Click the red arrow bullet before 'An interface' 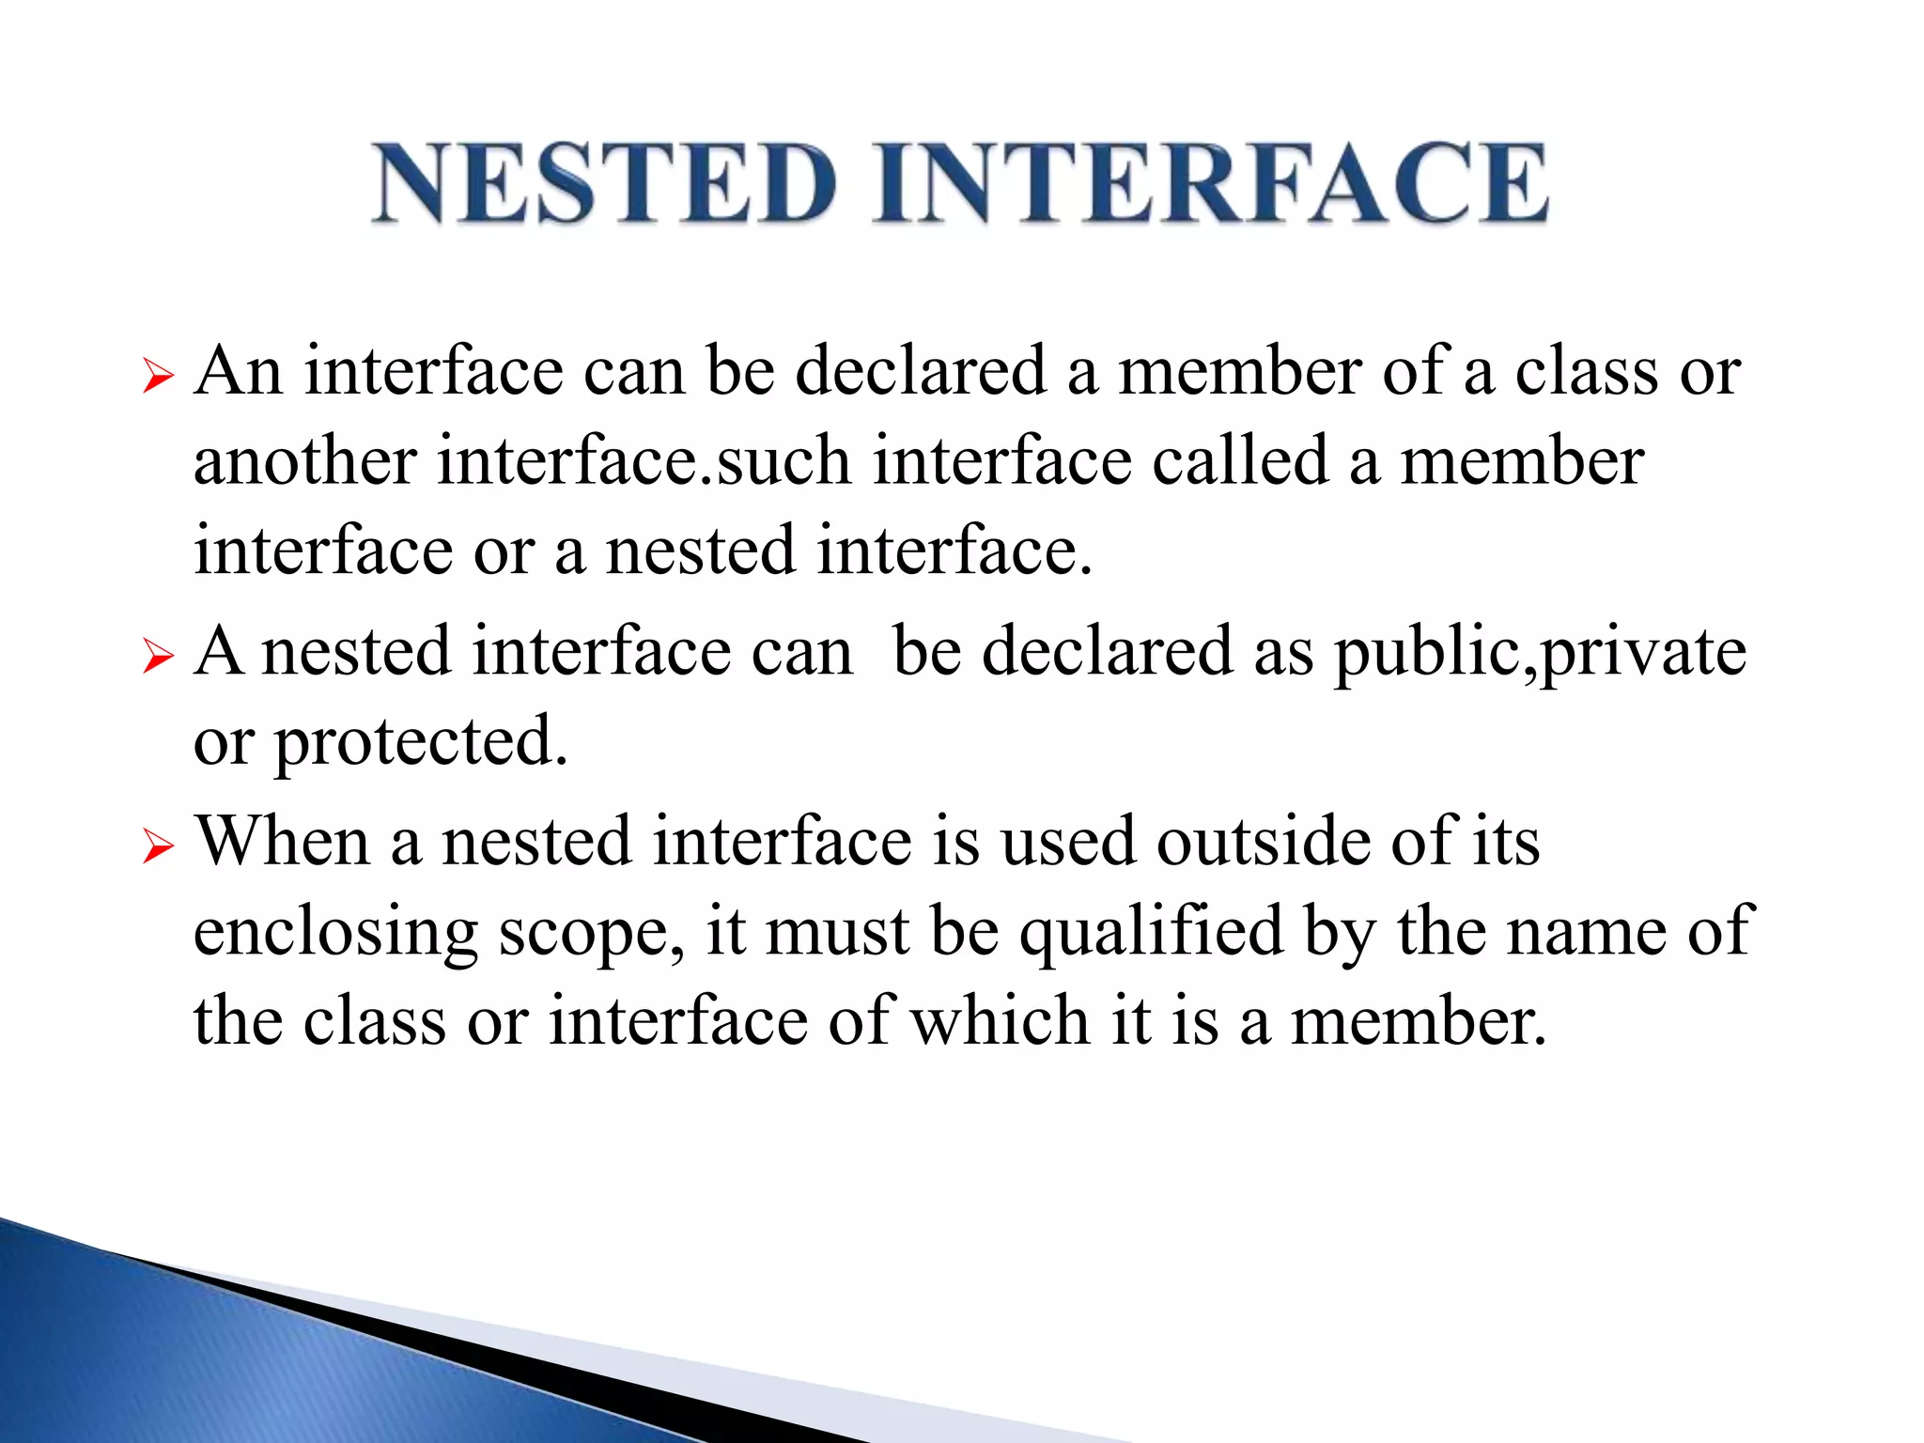pos(159,378)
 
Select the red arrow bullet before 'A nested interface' pos(159,657)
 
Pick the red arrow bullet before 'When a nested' pos(159,846)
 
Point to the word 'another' pos(304,461)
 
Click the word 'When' pos(282,840)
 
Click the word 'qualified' pos(1152,933)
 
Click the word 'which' pos(1000,1021)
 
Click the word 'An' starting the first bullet pos(239,371)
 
